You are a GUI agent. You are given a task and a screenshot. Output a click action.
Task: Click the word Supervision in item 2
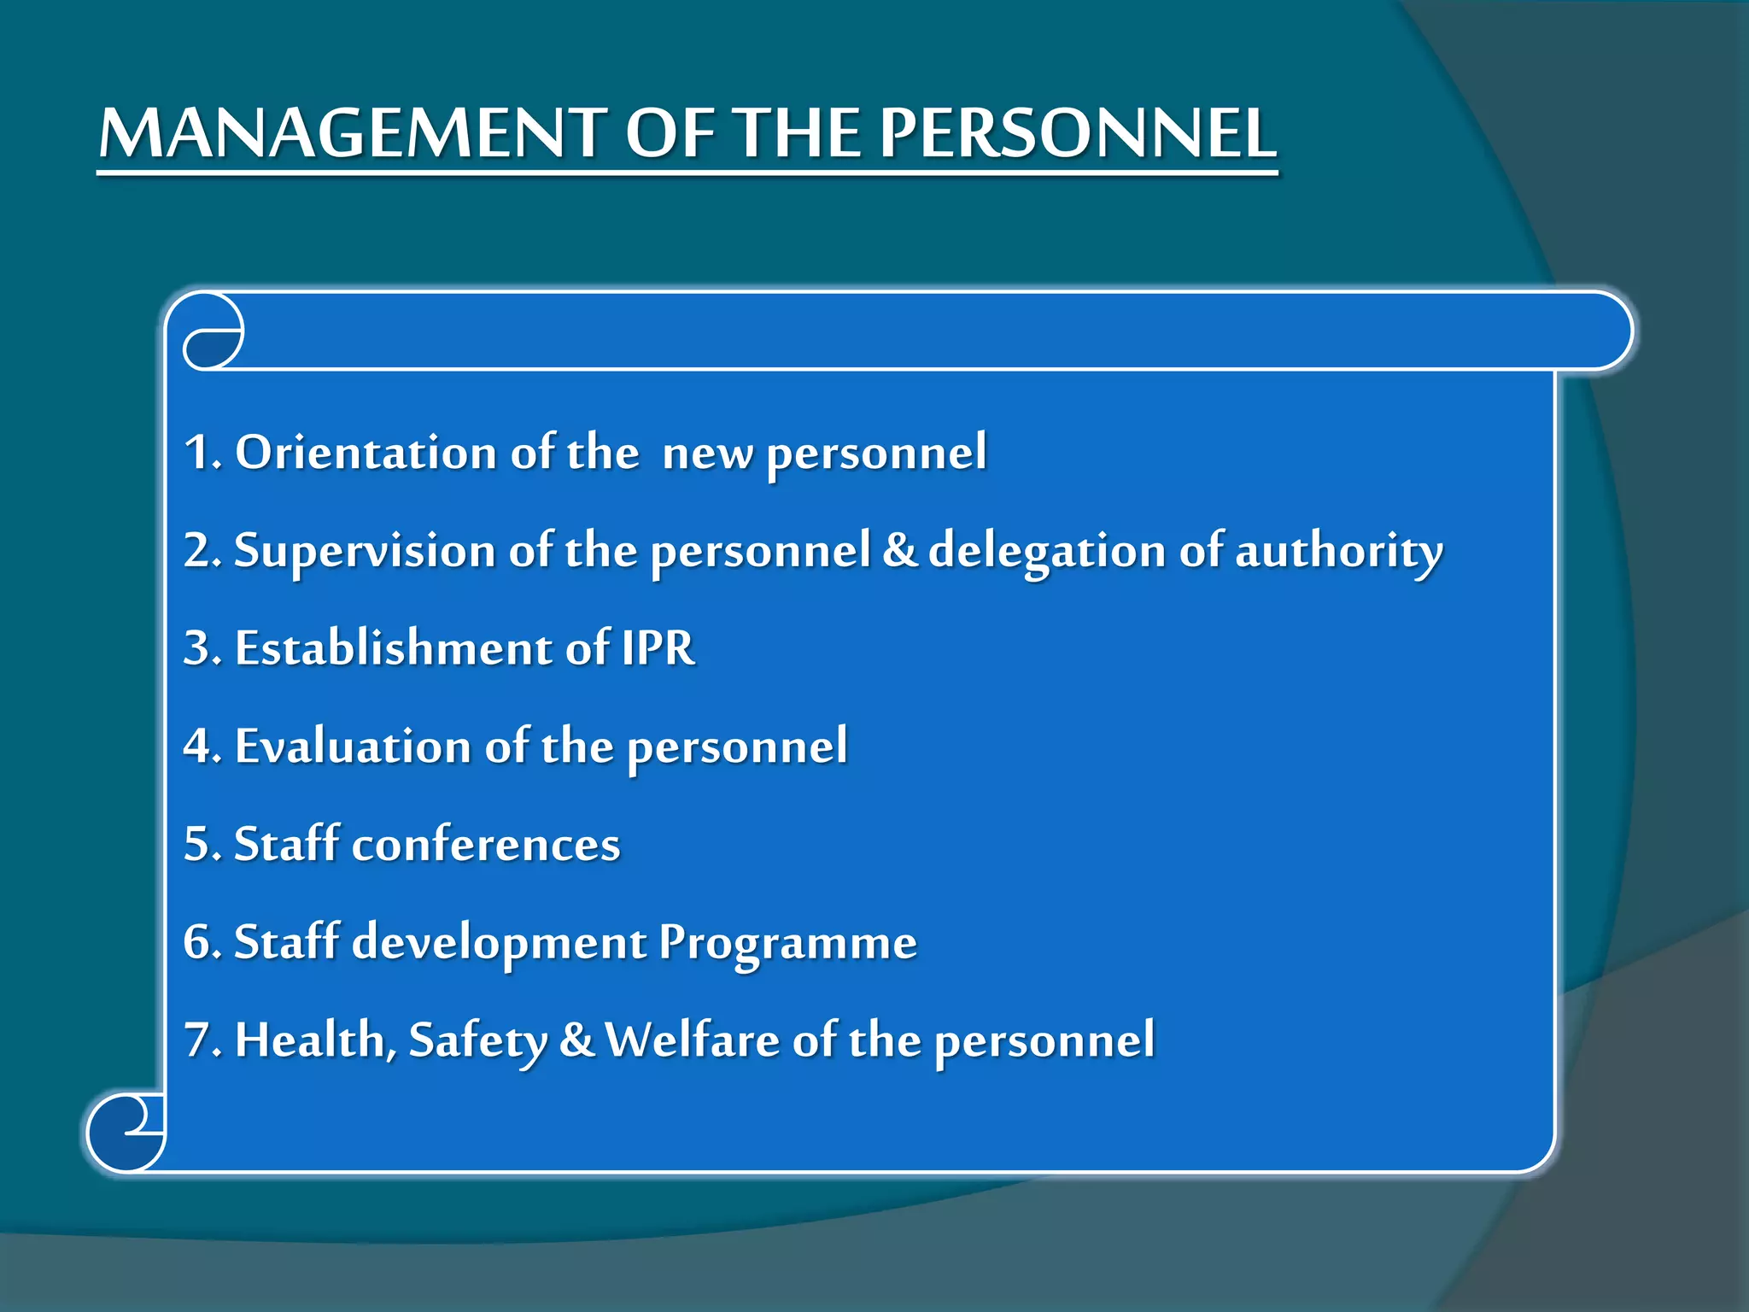click(x=365, y=550)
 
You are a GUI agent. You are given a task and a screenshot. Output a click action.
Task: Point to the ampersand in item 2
click(x=898, y=550)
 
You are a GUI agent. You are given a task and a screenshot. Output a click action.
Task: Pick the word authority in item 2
click(x=1338, y=552)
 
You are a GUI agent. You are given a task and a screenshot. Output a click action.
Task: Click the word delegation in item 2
click(x=1047, y=552)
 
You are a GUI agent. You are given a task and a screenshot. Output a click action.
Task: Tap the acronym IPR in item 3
click(x=658, y=648)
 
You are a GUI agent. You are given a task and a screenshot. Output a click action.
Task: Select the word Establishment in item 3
click(x=394, y=648)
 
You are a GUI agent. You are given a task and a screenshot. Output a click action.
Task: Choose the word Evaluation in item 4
click(x=353, y=747)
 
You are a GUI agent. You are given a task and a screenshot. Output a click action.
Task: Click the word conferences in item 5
click(x=486, y=845)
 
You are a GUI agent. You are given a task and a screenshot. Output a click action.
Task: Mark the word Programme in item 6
click(x=787, y=944)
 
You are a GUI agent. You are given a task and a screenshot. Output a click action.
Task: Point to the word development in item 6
click(x=500, y=944)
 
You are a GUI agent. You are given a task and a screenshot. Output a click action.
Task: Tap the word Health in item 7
click(x=310, y=1041)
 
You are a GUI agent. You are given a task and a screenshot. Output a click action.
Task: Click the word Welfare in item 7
click(x=692, y=1040)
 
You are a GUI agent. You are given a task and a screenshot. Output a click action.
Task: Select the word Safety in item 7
click(x=477, y=1042)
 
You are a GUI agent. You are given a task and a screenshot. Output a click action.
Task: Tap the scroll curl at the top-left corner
click(x=213, y=331)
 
